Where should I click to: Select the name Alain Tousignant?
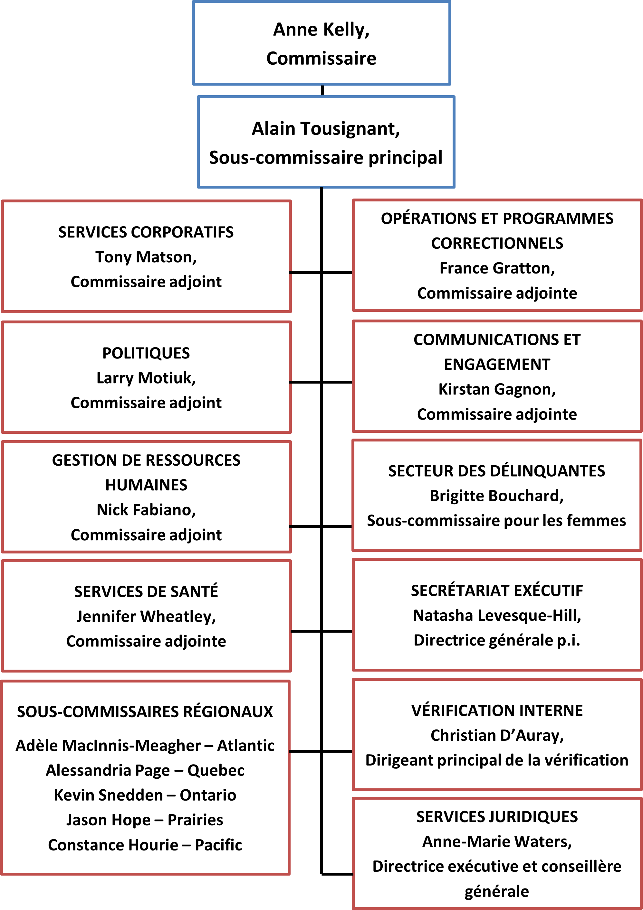tap(325, 129)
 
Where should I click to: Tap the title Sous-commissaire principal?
tap(325, 158)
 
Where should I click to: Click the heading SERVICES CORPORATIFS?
tap(146, 232)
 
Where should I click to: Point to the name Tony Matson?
tap(146, 257)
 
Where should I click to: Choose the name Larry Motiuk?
tap(146, 378)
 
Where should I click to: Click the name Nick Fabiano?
tap(146, 510)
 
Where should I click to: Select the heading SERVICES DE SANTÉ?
tap(146, 592)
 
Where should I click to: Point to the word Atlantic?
tap(245, 746)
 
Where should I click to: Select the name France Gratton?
tap(497, 268)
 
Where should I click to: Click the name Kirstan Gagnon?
tap(497, 390)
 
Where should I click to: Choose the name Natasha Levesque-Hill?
tap(497, 616)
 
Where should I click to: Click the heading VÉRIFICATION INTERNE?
tap(497, 710)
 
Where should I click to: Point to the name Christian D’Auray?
tap(497, 736)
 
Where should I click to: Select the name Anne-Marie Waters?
tap(497, 841)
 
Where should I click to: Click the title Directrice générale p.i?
tap(497, 640)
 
